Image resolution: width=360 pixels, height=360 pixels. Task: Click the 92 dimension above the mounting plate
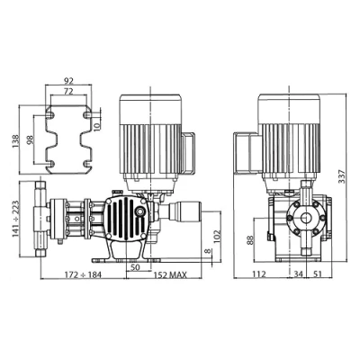click(x=68, y=80)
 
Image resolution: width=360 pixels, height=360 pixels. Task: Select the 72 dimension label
click(x=68, y=92)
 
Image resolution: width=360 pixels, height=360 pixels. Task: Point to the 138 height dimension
click(x=15, y=141)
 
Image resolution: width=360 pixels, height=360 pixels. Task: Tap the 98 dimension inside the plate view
click(x=31, y=140)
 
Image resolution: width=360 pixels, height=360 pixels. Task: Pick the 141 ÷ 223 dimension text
click(x=15, y=219)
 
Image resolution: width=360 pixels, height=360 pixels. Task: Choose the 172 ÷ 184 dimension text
click(x=83, y=274)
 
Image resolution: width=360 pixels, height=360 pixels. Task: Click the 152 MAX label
click(x=170, y=274)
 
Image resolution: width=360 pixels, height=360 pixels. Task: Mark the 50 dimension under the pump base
click(x=136, y=267)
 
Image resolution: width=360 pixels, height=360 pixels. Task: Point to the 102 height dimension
click(x=216, y=236)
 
